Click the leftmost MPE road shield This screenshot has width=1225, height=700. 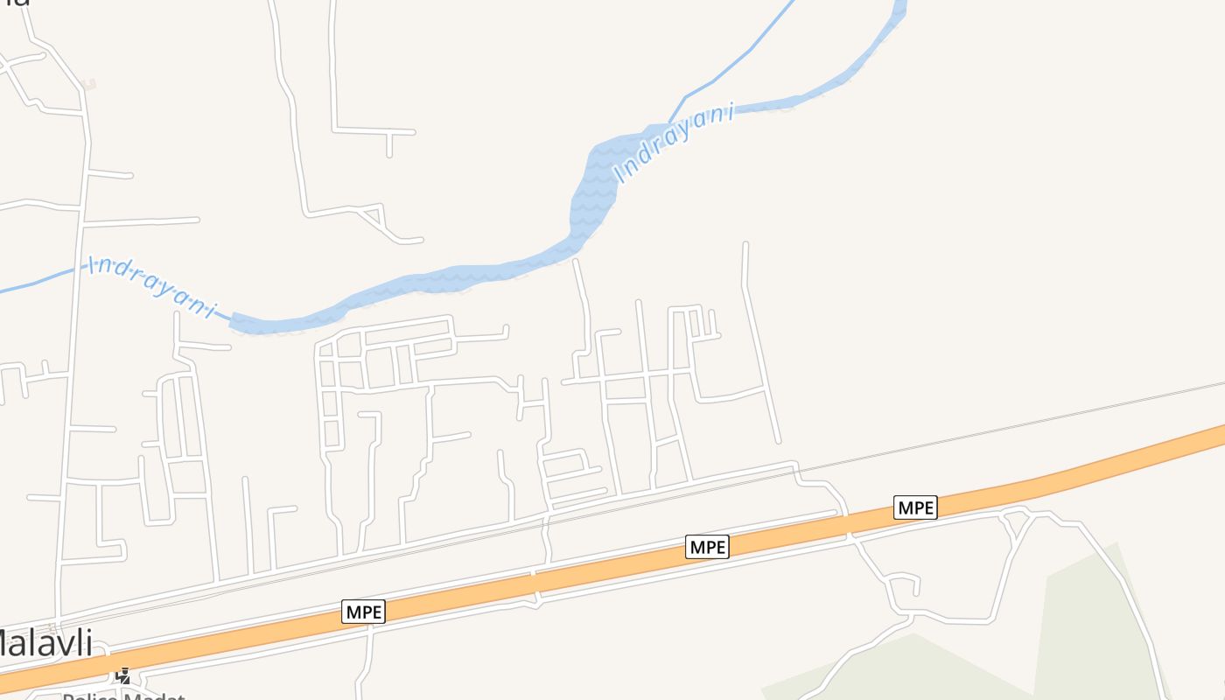363,612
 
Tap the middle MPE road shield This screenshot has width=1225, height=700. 707,547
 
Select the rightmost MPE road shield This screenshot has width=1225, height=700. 915,507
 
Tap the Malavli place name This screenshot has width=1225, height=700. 44,643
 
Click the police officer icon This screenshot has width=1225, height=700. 123,675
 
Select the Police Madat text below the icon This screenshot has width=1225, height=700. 122,696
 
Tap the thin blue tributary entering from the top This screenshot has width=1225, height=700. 735,61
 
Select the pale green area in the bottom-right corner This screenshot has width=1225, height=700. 1085,630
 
